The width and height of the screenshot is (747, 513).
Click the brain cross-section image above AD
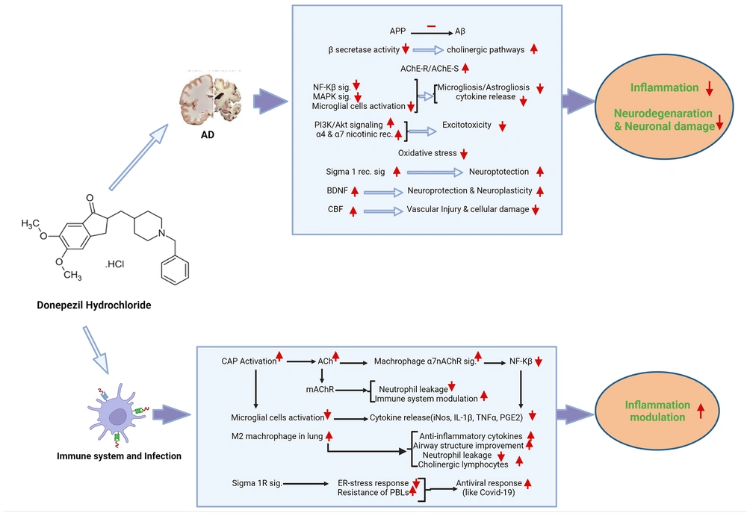211,99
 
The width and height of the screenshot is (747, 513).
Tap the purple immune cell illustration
117,414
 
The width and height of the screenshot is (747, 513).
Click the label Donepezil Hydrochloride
94,305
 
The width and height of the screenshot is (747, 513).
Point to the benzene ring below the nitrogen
175,270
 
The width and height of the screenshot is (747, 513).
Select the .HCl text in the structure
114,264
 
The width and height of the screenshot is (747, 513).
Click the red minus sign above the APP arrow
431,26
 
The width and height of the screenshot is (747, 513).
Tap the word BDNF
338,190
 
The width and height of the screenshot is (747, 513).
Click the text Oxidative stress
427,153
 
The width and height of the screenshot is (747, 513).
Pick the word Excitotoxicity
466,125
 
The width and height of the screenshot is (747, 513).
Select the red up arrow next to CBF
353,211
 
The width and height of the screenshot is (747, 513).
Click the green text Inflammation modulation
657,411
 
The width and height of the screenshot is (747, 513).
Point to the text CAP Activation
249,361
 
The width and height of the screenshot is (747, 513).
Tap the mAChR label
320,389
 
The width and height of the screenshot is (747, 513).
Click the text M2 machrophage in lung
277,436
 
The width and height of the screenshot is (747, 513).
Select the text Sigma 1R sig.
257,483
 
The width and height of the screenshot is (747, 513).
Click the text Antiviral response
489,483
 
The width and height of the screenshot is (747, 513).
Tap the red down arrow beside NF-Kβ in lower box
539,361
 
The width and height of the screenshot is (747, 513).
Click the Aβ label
459,31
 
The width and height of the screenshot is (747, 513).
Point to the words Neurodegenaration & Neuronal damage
664,119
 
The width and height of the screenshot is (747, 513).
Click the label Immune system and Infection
119,456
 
